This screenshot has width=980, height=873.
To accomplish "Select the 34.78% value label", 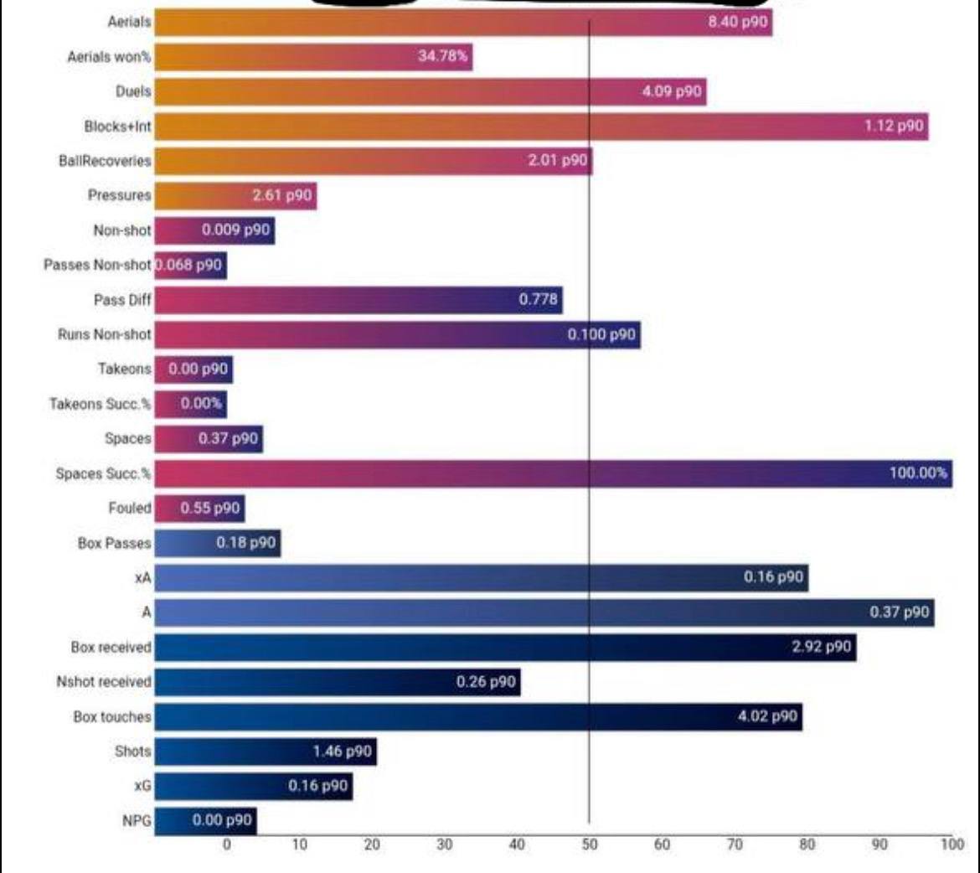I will pyautogui.click(x=444, y=57).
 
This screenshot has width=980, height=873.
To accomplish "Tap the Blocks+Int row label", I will pyautogui.click(x=117, y=127).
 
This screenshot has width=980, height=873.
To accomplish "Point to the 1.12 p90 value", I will pyautogui.click(x=894, y=126).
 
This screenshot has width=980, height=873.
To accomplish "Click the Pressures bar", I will pyautogui.click(x=235, y=196).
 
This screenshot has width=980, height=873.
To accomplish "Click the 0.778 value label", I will pyautogui.click(x=538, y=299).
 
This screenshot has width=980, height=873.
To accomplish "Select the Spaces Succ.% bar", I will pyautogui.click(x=553, y=473).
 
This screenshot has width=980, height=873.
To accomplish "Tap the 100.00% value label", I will pyautogui.click(x=918, y=473).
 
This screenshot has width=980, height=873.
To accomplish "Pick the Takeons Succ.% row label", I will pyautogui.click(x=100, y=404).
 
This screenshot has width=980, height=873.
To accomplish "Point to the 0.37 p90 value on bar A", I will pyautogui.click(x=899, y=612).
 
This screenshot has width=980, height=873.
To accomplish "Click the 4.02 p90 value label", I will pyautogui.click(x=767, y=716).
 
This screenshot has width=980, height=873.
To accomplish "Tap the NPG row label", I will pyautogui.click(x=137, y=821).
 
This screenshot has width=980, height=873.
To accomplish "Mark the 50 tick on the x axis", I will pyautogui.click(x=590, y=845).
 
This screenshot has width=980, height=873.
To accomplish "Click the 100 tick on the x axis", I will pyautogui.click(x=952, y=845).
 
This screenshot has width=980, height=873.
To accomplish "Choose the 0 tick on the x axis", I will pyautogui.click(x=226, y=845).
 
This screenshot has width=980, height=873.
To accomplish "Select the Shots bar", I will pyautogui.click(x=266, y=752).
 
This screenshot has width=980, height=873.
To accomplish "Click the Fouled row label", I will pyautogui.click(x=130, y=508).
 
